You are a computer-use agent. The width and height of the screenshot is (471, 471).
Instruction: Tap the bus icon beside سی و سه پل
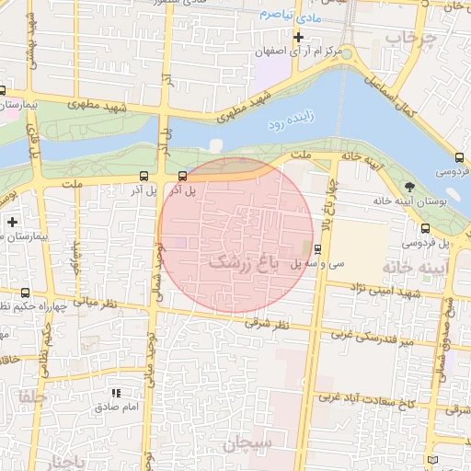[x=317, y=248]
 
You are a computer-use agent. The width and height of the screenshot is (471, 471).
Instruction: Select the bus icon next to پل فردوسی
[x=424, y=229]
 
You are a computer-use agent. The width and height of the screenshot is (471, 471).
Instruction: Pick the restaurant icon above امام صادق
[x=116, y=393]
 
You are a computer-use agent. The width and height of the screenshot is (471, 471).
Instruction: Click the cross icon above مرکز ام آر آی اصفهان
[x=298, y=37]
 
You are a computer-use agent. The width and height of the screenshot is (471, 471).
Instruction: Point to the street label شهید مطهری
[x=241, y=109]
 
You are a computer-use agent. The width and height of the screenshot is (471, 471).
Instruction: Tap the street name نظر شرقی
[x=268, y=324]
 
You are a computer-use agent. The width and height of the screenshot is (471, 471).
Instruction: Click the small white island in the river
[x=216, y=145]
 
